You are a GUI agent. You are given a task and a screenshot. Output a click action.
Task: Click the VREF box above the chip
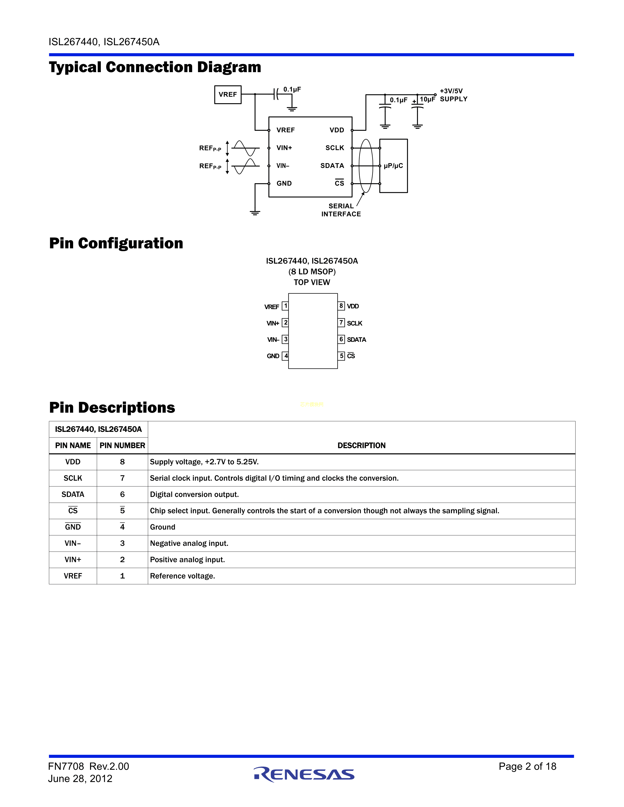click(228, 95)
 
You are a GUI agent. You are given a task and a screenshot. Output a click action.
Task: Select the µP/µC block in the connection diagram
click(393, 166)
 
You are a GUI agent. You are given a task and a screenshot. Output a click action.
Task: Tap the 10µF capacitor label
click(427, 99)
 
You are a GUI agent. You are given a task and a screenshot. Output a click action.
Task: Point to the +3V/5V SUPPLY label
click(453, 95)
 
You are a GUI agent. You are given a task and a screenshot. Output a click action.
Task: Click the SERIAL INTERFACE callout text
click(341, 210)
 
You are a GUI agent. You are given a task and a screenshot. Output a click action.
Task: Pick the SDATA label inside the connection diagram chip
click(332, 166)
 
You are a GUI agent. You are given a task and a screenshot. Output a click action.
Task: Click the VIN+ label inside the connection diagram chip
click(284, 148)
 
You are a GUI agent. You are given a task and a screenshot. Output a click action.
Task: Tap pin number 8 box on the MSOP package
click(341, 306)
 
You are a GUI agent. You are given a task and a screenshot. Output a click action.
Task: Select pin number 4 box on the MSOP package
click(285, 356)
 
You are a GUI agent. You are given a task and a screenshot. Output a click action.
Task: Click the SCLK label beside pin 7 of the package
click(355, 323)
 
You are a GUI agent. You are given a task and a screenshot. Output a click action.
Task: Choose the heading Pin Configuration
click(116, 243)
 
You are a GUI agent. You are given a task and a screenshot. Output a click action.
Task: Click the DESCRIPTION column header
click(361, 445)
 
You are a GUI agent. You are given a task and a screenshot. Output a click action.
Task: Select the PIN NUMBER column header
click(122, 446)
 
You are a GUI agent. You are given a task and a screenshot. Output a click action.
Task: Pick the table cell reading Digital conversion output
click(195, 494)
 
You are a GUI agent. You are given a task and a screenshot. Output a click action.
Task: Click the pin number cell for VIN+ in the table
click(122, 560)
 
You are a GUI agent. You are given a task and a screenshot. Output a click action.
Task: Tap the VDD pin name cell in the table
click(73, 462)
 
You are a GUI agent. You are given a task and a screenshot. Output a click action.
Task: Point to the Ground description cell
click(163, 527)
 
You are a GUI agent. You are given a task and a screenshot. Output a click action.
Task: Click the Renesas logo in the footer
click(304, 774)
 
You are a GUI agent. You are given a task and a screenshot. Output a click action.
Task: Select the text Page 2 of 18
click(527, 766)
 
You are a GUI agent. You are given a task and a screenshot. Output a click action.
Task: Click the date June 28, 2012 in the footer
click(80, 779)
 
